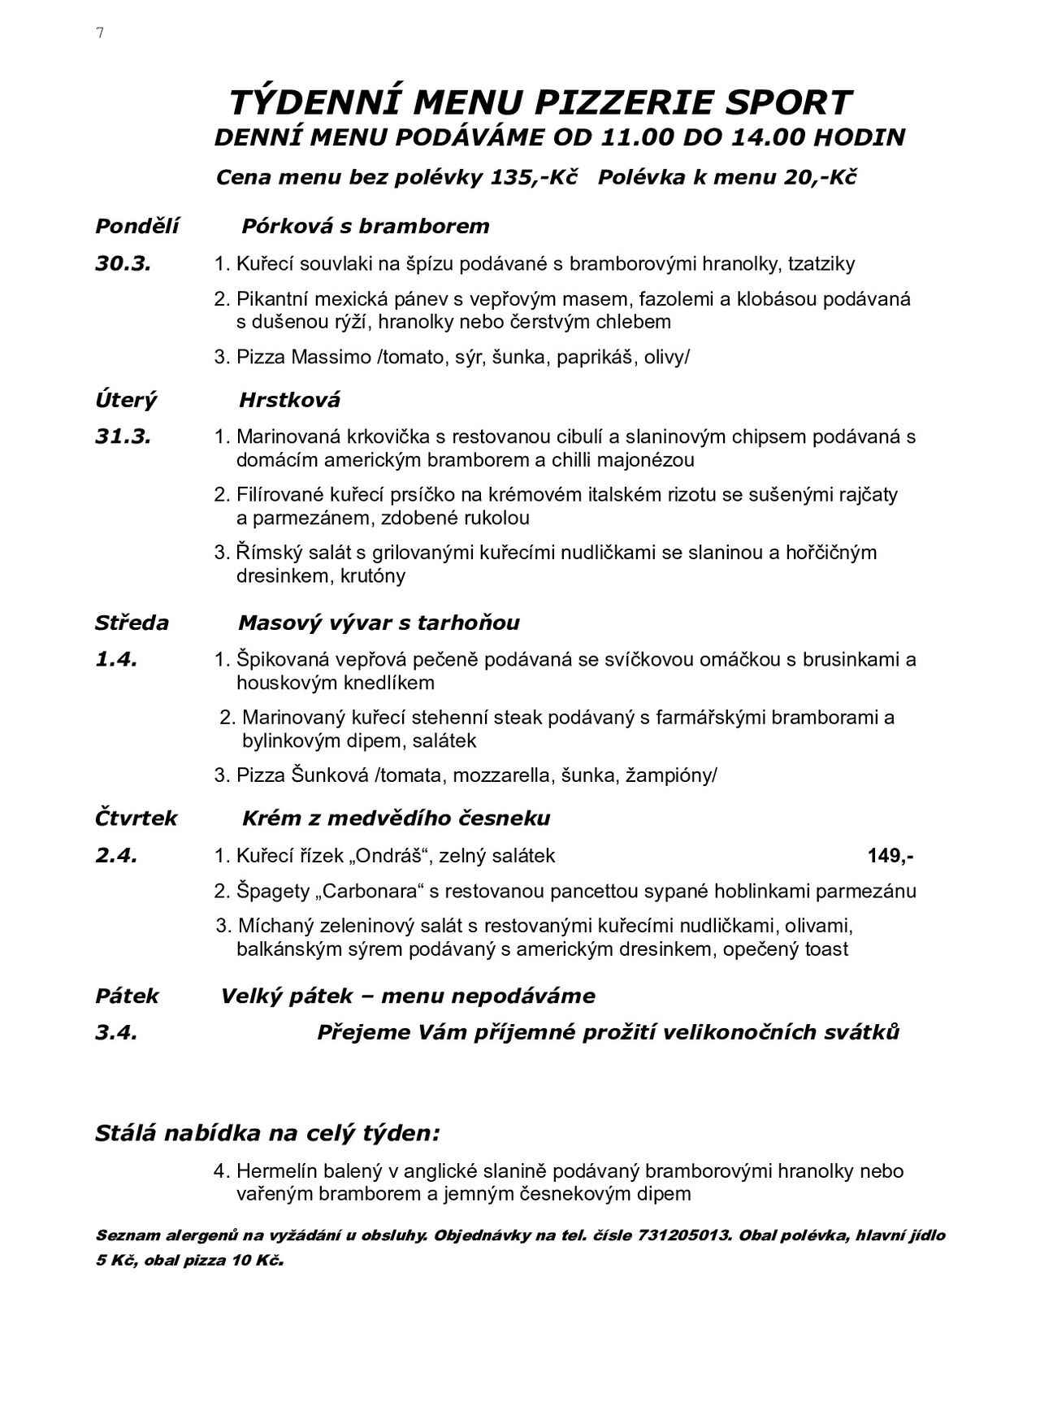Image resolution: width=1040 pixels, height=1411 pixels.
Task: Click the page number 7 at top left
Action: (x=100, y=33)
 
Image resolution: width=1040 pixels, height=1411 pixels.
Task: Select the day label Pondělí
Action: (x=136, y=226)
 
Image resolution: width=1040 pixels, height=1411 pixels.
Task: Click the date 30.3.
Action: (x=123, y=263)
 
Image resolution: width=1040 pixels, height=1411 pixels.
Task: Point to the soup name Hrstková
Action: (x=289, y=400)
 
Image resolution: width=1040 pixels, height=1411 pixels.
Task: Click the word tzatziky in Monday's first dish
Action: (x=821, y=263)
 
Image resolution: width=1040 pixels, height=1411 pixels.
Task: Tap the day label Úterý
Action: (x=126, y=400)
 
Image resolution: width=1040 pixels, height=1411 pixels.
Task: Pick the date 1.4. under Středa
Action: (x=116, y=659)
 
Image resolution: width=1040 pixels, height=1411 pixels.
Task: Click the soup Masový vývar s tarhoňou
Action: (x=379, y=623)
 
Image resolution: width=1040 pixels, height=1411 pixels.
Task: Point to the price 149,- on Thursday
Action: (x=890, y=855)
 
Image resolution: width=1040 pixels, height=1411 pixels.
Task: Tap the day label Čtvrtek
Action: (x=136, y=818)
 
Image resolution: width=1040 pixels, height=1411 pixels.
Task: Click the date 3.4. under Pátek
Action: (x=116, y=1032)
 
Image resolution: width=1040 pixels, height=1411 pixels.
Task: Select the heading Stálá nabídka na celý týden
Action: (x=267, y=1133)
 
